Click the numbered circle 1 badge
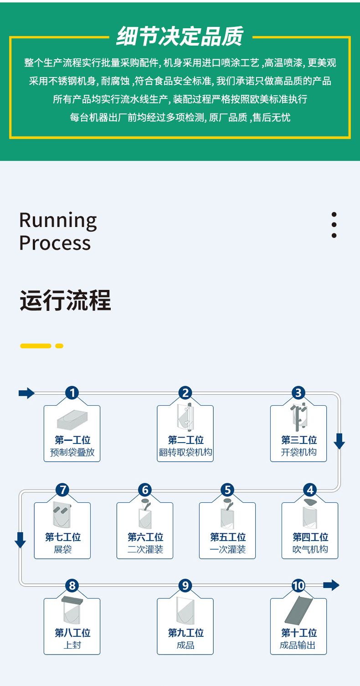[72, 392]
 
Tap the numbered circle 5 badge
[227, 490]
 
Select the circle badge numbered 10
[298, 586]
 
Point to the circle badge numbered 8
[72, 586]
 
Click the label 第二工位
[185, 440]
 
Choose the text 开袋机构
[299, 452]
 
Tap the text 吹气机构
[310, 549]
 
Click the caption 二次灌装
[145, 549]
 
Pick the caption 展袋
[63, 549]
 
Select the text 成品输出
[298, 645]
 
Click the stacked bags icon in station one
[72, 420]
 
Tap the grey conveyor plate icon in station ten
[298, 610]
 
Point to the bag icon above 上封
[72, 610]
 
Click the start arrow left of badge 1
[26, 393]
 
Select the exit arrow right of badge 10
[331, 585]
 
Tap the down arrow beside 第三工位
[339, 441]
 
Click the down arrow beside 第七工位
[20, 540]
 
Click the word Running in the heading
[58, 221]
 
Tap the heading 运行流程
[65, 300]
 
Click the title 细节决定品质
[180, 36]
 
